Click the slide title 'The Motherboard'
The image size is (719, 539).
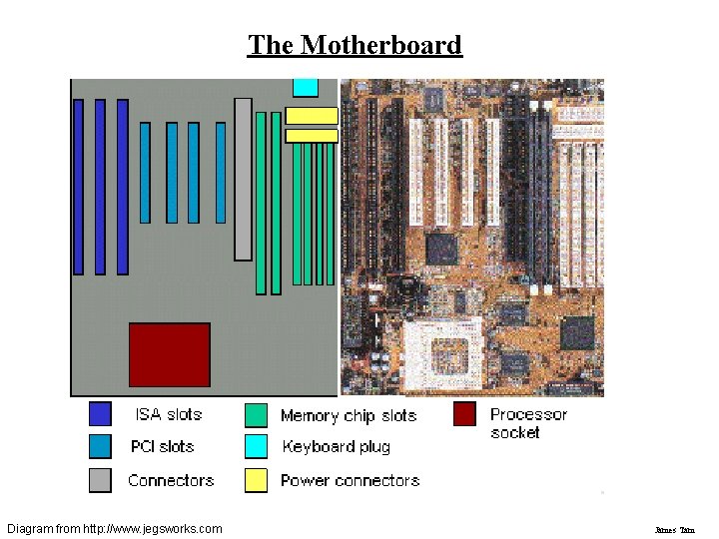pos(355,45)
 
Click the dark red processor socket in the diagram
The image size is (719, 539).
pos(170,354)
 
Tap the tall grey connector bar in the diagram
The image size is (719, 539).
pos(243,179)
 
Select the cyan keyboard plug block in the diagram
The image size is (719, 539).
pos(305,87)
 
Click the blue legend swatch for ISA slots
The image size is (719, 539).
pos(100,414)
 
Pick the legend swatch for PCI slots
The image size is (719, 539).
pos(100,446)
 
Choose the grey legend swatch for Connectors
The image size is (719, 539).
pos(100,480)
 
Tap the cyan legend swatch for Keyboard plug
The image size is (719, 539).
pos(257,446)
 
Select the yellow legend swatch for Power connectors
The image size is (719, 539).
pos(257,480)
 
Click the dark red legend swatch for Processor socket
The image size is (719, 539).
pos(464,414)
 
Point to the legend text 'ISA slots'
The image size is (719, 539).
pos(169,414)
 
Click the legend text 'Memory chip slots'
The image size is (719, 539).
pos(349,415)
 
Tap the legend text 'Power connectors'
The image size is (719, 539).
pos(351,480)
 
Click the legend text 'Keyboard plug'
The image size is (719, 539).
pos(337,447)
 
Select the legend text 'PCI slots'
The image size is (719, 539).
pos(163,446)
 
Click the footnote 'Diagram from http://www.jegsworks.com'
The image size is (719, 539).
pos(114,527)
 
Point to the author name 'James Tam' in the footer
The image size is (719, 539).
pos(674,528)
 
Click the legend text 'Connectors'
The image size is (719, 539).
pos(171,480)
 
